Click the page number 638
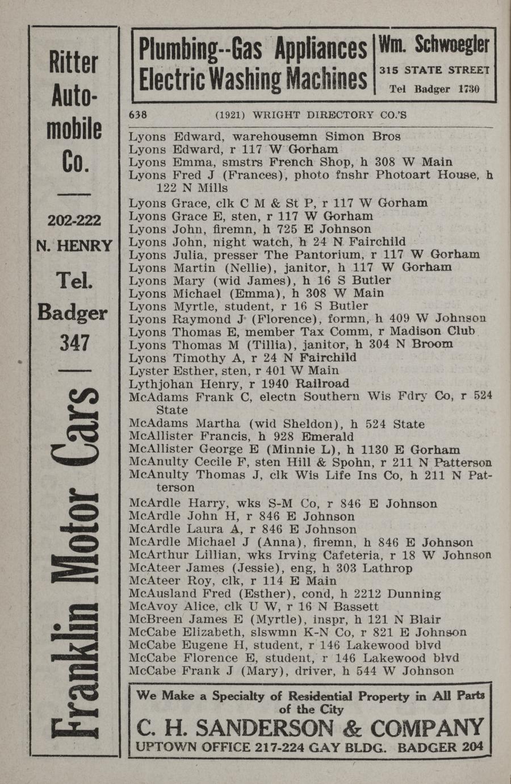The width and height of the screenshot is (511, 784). (x=138, y=114)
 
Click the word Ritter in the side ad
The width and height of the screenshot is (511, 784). (x=73, y=62)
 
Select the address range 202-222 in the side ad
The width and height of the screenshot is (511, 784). (x=74, y=220)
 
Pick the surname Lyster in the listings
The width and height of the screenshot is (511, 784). (x=149, y=371)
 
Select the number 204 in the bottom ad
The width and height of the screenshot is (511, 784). (x=472, y=747)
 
